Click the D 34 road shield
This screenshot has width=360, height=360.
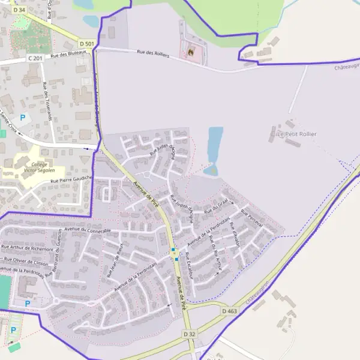[19, 10]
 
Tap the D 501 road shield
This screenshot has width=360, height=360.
[87, 44]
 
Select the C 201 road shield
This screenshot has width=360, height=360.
[35, 58]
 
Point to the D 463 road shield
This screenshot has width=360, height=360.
[229, 311]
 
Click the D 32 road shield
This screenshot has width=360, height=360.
[190, 334]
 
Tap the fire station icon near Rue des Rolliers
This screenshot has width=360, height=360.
[192, 52]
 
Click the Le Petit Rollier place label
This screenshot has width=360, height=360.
[296, 134]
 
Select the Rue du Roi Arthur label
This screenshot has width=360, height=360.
[215, 255]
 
